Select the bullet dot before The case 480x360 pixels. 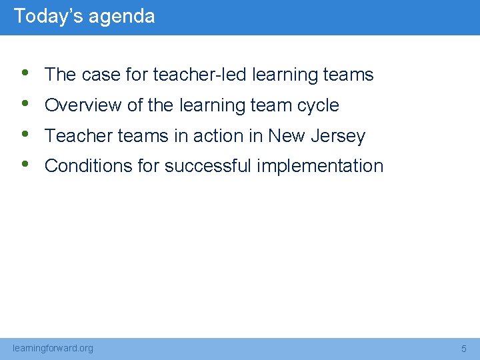[x=25, y=73]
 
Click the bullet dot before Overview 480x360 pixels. [x=25, y=103]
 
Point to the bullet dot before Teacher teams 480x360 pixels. [x=25, y=134]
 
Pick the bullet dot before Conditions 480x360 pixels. [x=25, y=164]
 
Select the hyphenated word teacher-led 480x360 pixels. [x=200, y=75]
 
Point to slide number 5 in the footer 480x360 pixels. [x=464, y=349]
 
